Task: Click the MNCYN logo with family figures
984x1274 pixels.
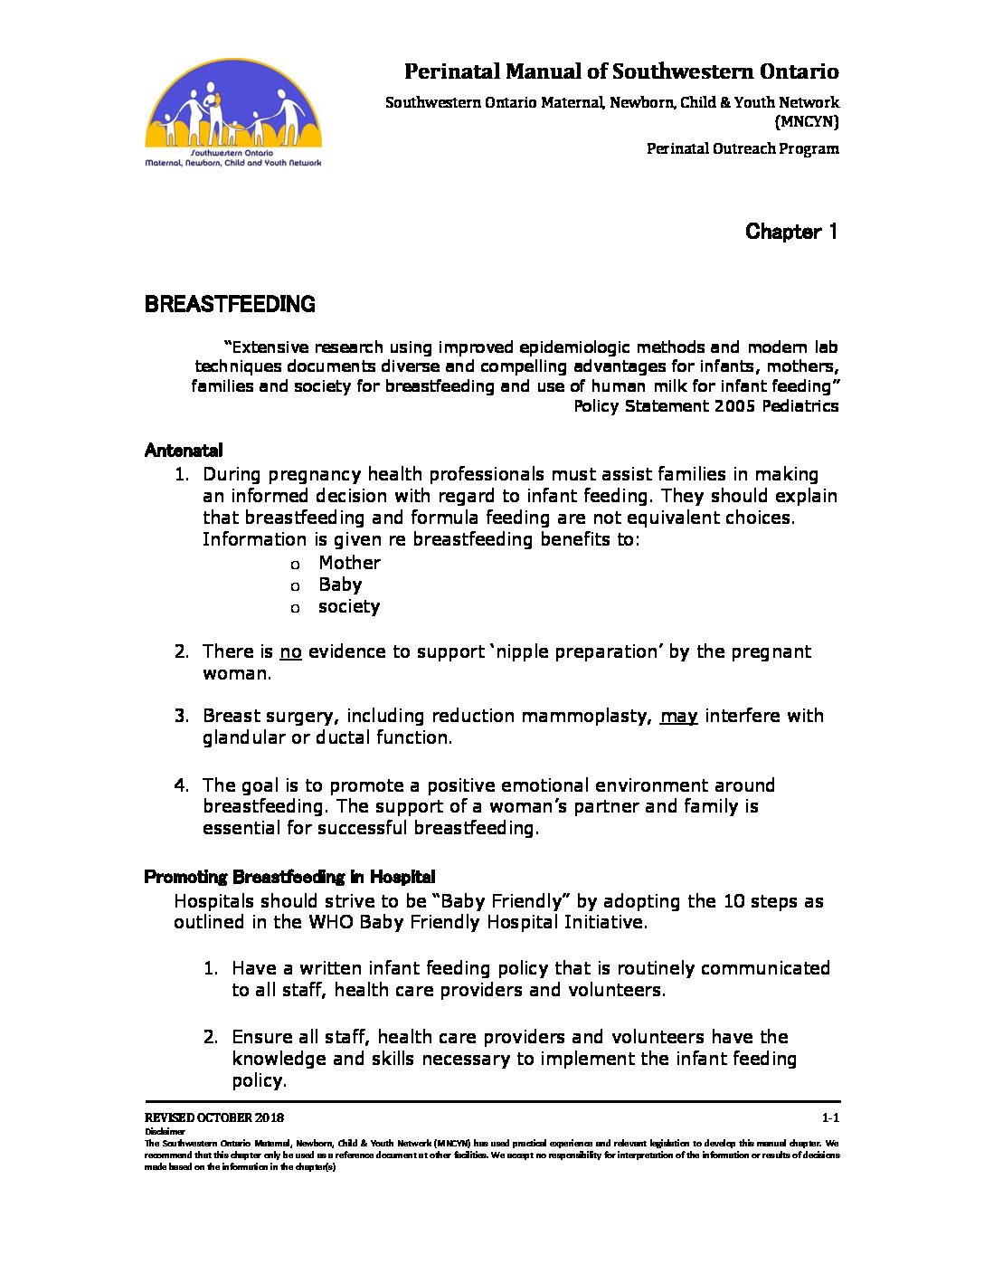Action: click(x=233, y=114)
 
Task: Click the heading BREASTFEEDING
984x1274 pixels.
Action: click(x=230, y=304)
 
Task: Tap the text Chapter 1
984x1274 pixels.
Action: click(x=791, y=232)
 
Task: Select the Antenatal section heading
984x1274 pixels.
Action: click(x=184, y=451)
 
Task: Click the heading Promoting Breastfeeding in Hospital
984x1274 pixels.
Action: click(x=289, y=877)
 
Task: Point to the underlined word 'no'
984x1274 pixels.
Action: click(x=290, y=652)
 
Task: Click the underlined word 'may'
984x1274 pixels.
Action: click(x=678, y=717)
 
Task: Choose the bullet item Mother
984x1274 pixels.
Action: click(x=349, y=563)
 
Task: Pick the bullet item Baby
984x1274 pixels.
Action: click(x=340, y=585)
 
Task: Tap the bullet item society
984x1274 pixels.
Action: click(x=349, y=606)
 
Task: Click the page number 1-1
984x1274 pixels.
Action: click(x=830, y=1117)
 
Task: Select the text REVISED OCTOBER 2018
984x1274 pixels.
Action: click(x=214, y=1117)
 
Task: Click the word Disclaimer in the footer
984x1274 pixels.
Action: click(x=165, y=1131)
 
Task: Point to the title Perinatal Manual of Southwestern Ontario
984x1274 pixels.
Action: click(x=621, y=71)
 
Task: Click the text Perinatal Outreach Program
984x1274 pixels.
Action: click(x=743, y=148)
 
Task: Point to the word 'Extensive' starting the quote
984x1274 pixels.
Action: click(x=270, y=347)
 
